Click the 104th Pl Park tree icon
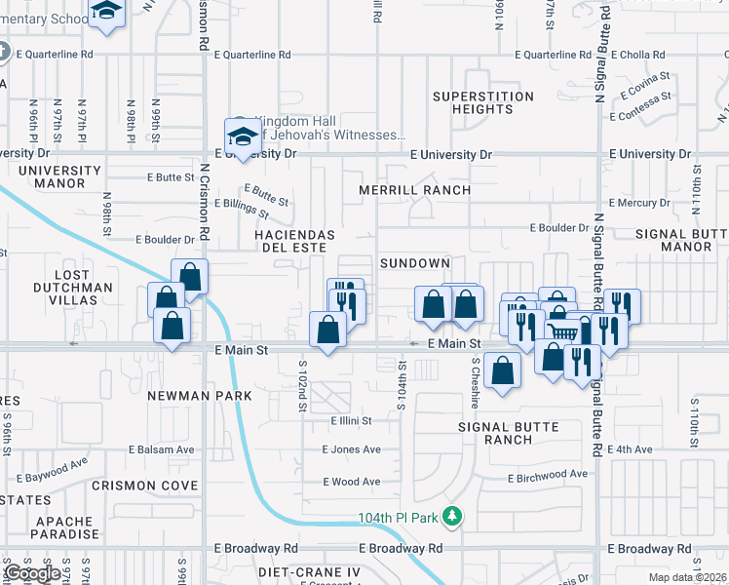[451, 515]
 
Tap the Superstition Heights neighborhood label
[483, 103]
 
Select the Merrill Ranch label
[414, 190]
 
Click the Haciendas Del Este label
[294, 241]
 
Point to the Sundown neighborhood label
[415, 263]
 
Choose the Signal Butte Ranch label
[509, 433]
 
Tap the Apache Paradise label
[66, 527]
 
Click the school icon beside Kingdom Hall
[242, 135]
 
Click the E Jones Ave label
[351, 449]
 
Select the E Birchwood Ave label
[548, 475]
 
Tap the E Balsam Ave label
[161, 449]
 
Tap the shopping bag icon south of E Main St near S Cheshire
[502, 370]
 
